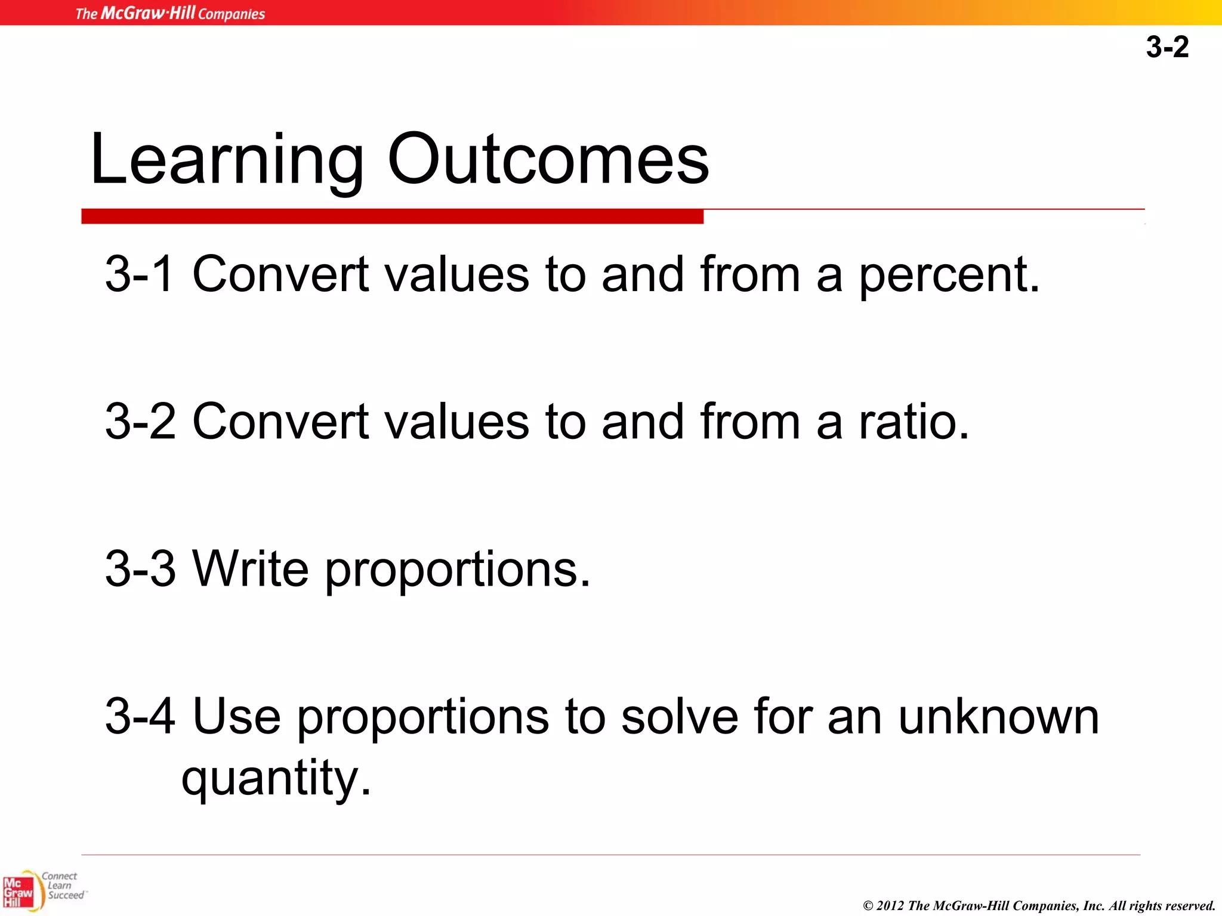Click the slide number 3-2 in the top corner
1167,47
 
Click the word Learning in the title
226,160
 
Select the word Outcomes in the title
548,160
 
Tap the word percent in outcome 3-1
949,275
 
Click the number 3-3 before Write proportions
140,569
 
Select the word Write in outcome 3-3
251,569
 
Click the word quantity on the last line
276,778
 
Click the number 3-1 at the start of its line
140,275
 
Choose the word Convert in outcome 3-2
280,422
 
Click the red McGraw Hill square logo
18,892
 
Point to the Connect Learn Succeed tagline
62,886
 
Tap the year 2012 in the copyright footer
890,906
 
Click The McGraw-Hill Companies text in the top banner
170,13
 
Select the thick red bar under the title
392,216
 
